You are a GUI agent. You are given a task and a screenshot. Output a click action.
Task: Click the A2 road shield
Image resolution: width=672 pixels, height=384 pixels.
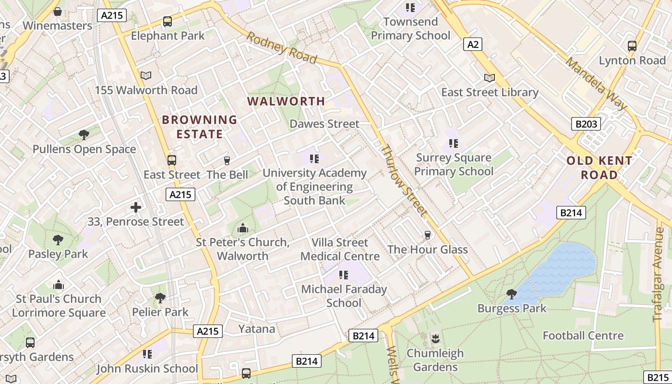[x=473, y=45]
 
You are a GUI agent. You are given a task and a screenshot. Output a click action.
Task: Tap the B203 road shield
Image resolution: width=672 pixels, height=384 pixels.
[x=586, y=124]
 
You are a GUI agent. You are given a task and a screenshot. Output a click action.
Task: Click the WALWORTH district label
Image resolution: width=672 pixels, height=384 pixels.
[x=286, y=101]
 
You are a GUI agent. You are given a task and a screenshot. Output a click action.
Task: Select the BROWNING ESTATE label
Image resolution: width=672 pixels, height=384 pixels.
[x=200, y=127]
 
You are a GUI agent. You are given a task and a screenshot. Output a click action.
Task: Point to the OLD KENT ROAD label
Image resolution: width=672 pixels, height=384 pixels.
[x=600, y=168]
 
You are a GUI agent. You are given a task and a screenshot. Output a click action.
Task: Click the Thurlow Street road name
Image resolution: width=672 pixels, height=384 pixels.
[x=403, y=180]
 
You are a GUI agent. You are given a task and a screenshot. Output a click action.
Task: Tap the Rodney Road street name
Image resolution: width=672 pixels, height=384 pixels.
[x=282, y=48]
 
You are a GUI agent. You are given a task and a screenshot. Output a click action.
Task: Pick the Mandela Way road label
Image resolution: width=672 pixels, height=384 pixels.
[x=596, y=84]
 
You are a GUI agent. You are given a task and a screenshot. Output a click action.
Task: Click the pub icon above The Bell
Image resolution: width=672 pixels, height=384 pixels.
[x=227, y=160]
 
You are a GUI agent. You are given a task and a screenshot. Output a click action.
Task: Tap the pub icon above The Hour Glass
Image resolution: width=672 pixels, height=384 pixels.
[x=428, y=235]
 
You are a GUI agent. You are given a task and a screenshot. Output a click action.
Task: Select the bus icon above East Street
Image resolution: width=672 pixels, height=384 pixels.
[x=171, y=160]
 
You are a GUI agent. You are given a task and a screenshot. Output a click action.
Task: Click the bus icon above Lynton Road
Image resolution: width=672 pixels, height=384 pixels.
[x=632, y=46]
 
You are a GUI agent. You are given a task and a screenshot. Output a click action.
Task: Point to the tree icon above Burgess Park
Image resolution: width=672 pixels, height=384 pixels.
[x=512, y=293]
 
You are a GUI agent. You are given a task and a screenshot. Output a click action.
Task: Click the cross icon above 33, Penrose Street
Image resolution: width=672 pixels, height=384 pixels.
[x=136, y=207]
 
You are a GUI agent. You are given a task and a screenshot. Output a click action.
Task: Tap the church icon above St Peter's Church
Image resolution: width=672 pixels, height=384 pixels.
[x=243, y=228]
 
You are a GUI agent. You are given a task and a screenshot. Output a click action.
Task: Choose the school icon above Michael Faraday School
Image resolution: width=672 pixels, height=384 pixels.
[x=344, y=275]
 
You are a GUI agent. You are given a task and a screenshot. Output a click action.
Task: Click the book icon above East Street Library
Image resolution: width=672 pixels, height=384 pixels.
[x=490, y=78]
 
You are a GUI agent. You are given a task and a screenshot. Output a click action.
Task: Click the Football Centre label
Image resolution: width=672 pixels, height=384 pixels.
[x=583, y=336]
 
